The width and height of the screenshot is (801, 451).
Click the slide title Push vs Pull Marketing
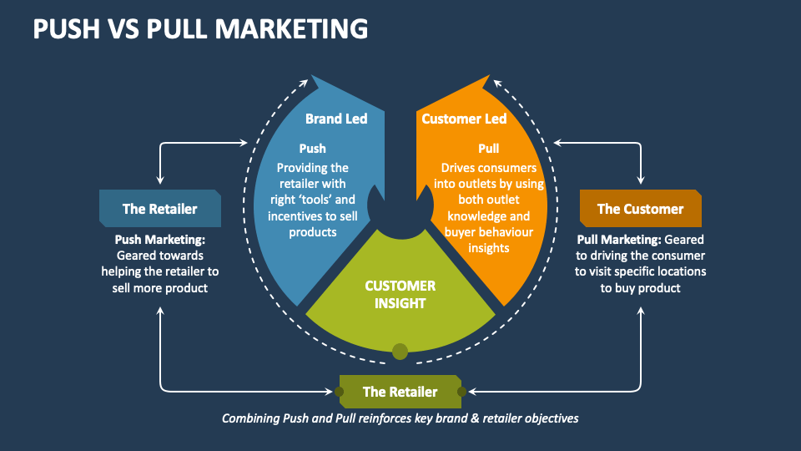point(200,28)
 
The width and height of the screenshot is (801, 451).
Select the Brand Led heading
point(335,119)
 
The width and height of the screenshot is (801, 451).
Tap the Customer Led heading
point(464,119)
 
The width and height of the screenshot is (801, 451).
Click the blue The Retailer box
point(160,209)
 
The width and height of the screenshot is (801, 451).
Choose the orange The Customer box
point(640,209)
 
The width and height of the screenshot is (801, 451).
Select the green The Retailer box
point(400,391)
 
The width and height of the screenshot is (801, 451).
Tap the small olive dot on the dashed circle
point(400,352)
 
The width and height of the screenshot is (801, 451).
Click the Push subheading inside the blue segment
point(312,149)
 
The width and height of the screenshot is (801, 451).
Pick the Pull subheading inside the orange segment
point(489,149)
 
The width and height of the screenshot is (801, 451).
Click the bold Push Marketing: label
point(159,240)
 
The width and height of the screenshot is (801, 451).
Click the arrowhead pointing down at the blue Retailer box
point(160,180)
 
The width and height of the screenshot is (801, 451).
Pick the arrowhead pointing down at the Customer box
point(641,180)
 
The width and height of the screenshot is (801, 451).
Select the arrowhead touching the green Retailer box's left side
point(333,391)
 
